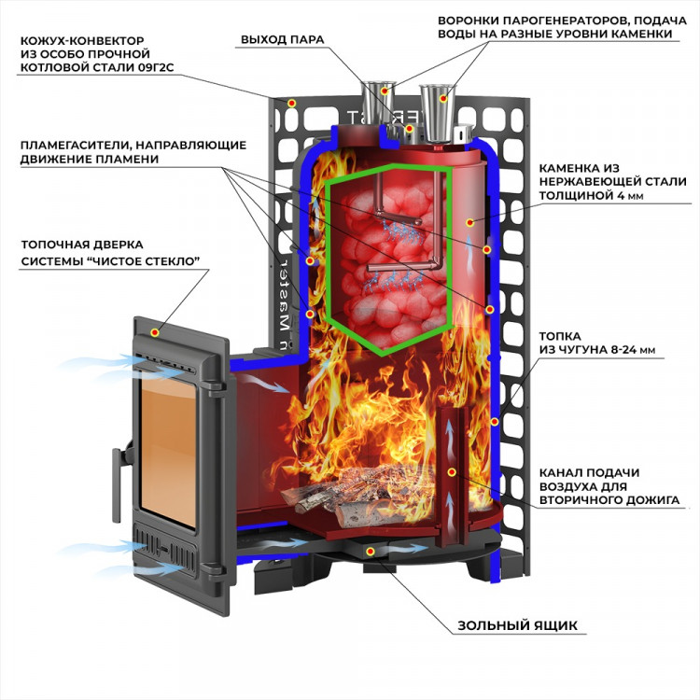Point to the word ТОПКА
(560, 335)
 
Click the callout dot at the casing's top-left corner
(291, 102)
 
